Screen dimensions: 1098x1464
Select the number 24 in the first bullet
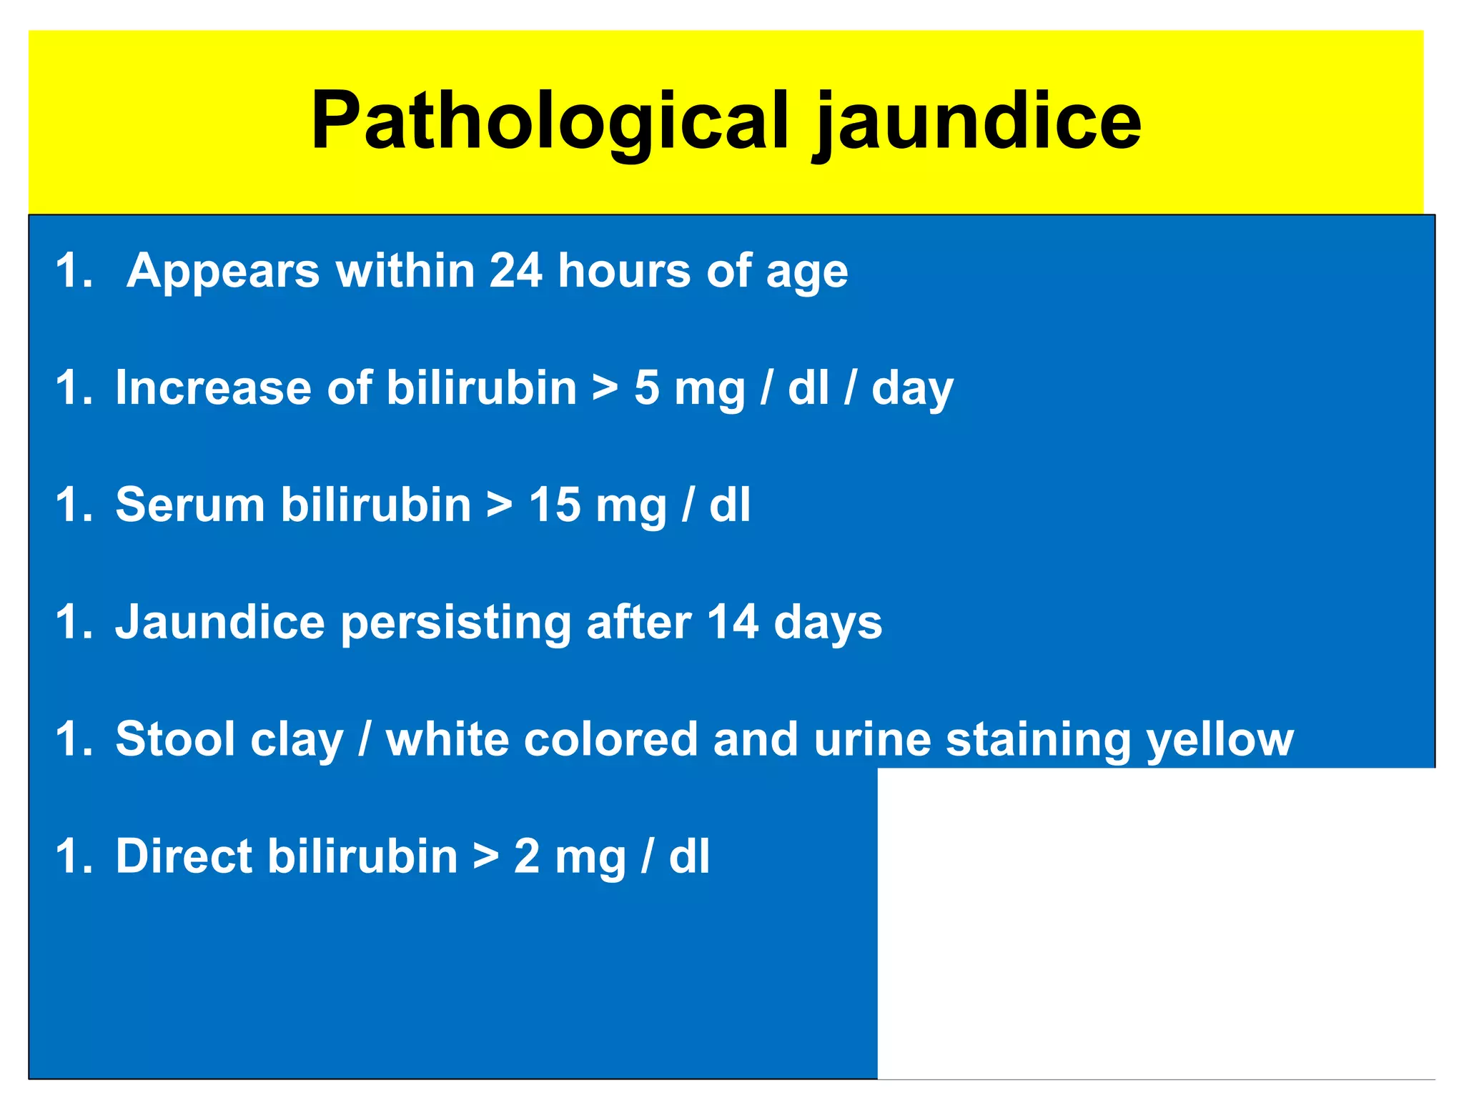pyautogui.click(x=515, y=271)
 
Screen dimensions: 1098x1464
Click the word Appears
pyautogui.click(x=223, y=272)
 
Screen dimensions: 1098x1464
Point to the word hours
pyautogui.click(x=624, y=271)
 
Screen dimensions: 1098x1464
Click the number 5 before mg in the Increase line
pyautogui.click(x=646, y=388)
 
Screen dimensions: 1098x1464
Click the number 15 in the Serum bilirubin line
pyautogui.click(x=554, y=505)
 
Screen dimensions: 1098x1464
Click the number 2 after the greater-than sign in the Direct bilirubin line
pyautogui.click(x=527, y=856)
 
